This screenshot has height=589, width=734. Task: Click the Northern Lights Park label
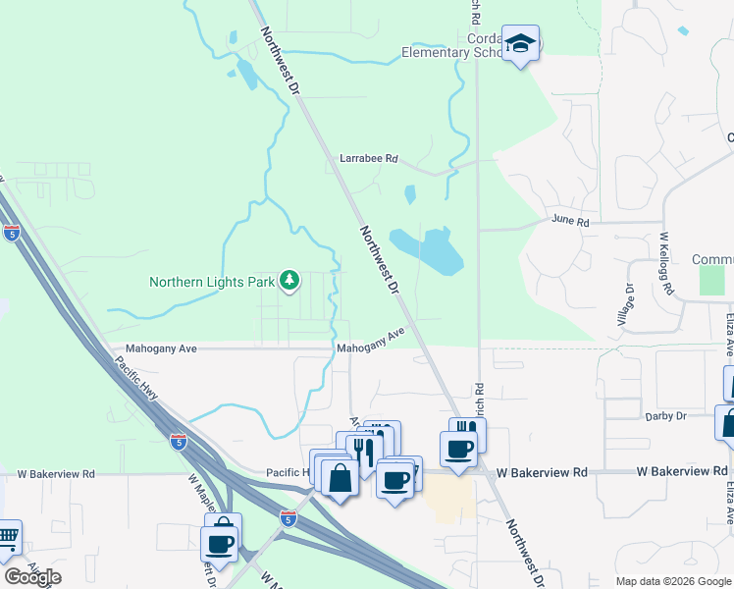[x=211, y=282]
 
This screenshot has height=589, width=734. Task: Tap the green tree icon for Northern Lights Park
[x=289, y=282]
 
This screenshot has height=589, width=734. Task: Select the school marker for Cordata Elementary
[x=521, y=43]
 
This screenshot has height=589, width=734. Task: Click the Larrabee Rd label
[x=368, y=157]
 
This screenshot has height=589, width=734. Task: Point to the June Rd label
[x=570, y=222]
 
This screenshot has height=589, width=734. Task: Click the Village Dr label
[x=629, y=305]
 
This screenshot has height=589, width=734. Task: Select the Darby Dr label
[x=666, y=416]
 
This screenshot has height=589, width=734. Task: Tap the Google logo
[x=32, y=577]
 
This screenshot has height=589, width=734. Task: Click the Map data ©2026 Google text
[x=672, y=581]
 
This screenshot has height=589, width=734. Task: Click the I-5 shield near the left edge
[x=12, y=233]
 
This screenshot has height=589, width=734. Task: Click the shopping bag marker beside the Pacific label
[x=341, y=479]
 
